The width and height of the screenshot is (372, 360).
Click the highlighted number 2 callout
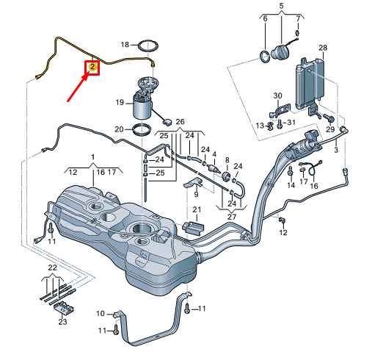[92, 67]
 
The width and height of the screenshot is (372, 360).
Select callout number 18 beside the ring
[125, 45]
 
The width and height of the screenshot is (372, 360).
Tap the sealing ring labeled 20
[142, 129]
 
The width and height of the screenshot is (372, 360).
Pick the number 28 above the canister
[323, 48]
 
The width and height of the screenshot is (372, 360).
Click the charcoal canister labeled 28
[310, 84]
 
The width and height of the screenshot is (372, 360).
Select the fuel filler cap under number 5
[280, 52]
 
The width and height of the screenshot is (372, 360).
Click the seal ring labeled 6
[265, 57]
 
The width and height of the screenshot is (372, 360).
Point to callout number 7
[298, 18]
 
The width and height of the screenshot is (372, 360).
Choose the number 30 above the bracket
[277, 96]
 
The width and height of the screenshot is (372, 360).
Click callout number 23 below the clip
[62, 321]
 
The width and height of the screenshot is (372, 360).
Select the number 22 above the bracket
[52, 267]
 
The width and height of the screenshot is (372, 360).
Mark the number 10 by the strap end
[101, 313]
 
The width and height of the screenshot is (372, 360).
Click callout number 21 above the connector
[197, 209]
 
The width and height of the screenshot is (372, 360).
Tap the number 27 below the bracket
[232, 217]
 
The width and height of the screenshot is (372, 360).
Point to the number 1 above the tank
[92, 157]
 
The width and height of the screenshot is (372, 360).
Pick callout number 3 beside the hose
[336, 150]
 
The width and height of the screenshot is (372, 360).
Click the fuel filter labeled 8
[227, 176]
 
